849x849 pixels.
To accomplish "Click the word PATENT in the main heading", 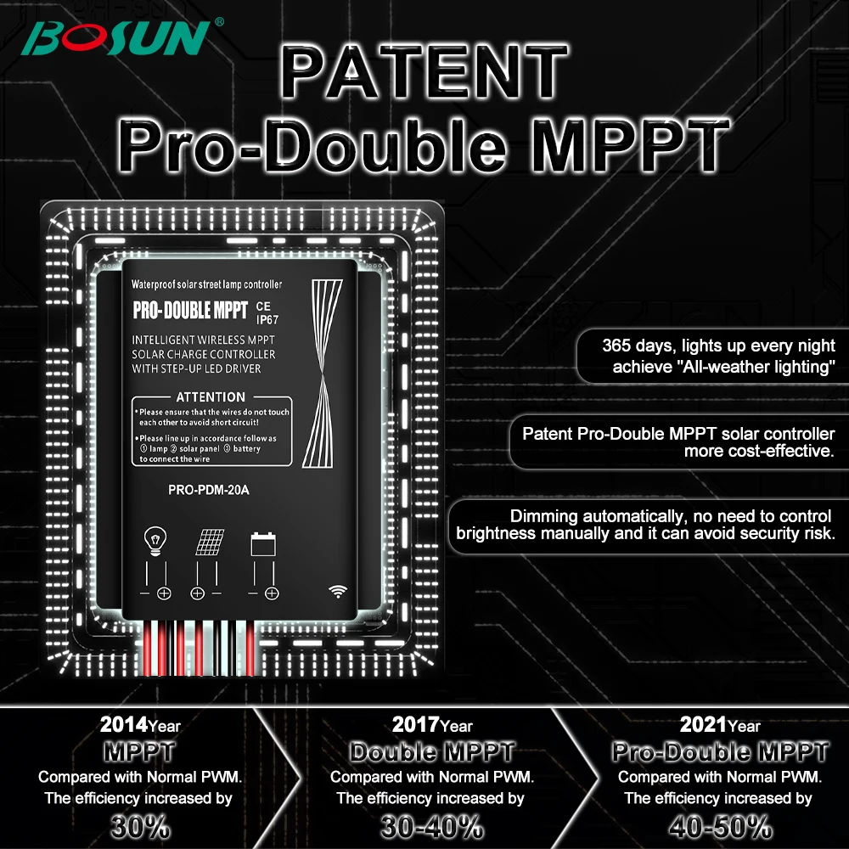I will tap(424, 72).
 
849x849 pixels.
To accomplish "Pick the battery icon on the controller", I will tap(262, 543).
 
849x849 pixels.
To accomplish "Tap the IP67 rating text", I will tap(267, 320).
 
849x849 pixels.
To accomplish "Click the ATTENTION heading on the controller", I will tap(210, 396).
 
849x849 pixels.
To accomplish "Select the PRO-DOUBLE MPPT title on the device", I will tap(190, 311).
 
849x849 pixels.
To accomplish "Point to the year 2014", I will tap(123, 725).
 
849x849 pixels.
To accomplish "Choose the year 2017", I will tap(415, 725).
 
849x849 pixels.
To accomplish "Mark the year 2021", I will tap(703, 725).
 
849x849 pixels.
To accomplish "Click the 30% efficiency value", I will tap(140, 825).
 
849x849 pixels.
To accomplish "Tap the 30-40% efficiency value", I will tap(432, 825).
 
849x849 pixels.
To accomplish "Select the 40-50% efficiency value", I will tap(720, 825).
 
